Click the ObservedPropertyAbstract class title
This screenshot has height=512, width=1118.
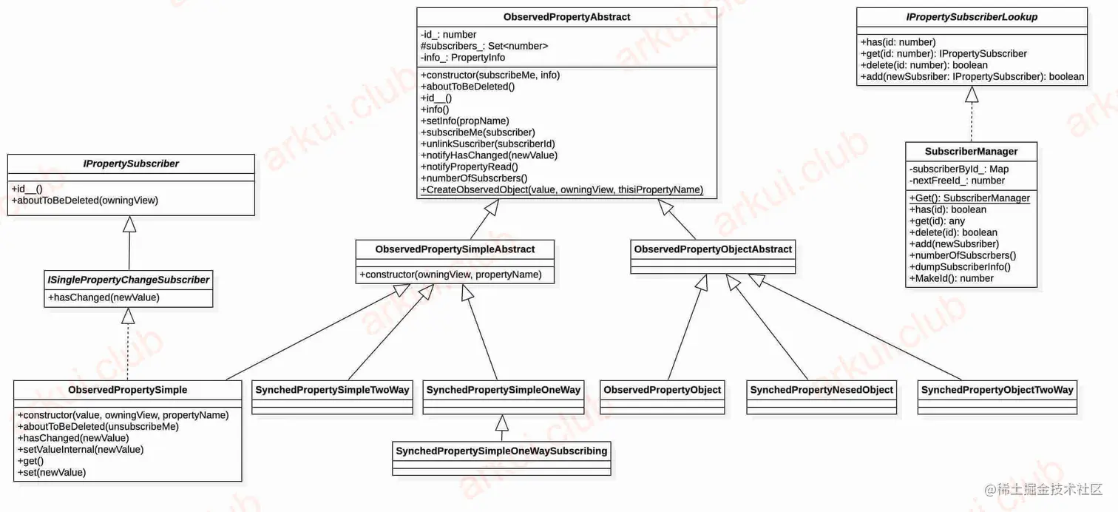566,17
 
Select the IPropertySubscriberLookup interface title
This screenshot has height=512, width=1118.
972,17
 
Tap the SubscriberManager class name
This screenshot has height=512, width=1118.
971,152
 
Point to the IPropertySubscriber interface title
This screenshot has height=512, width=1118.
131,164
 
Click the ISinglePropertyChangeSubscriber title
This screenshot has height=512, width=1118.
129,280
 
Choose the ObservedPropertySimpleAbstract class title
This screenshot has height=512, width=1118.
455,249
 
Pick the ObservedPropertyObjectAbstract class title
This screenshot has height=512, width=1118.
713,249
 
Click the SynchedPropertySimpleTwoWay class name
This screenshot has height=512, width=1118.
332,390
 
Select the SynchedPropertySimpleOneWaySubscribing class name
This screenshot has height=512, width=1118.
501,451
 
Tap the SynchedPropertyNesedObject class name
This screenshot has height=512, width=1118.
821,390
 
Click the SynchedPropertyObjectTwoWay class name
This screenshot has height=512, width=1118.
997,390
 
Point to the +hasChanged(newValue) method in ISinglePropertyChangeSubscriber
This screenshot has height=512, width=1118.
104,297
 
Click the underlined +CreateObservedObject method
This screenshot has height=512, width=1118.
562,189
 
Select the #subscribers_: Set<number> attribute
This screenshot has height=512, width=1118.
484,46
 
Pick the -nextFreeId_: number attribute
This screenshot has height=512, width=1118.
958,181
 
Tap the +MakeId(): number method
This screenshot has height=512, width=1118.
951,278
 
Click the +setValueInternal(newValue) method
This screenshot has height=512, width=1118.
81,449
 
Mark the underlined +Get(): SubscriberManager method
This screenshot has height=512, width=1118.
969,198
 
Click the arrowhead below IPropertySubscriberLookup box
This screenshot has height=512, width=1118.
972,94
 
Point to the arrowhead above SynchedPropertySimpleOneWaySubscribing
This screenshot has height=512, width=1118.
502,422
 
